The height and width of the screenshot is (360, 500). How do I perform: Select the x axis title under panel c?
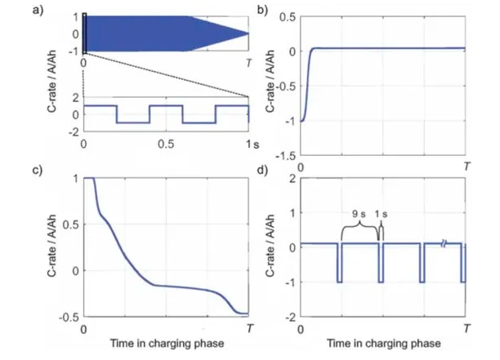(167, 342)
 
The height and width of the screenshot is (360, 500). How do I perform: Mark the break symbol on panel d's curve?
(443, 243)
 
